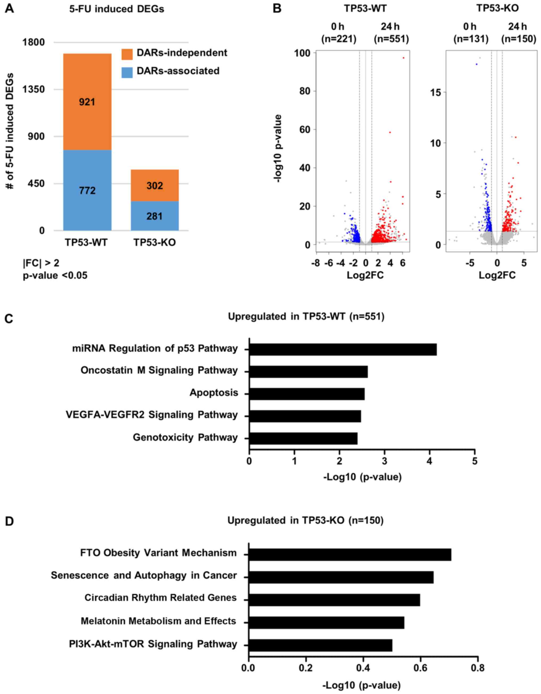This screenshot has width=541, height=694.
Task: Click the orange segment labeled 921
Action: [x=87, y=102]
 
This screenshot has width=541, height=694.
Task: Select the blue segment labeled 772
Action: [x=87, y=190]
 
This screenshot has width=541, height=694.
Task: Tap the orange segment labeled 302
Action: [x=154, y=185]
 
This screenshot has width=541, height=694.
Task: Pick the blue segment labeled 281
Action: [x=154, y=216]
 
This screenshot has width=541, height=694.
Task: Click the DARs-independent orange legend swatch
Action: [x=127, y=54]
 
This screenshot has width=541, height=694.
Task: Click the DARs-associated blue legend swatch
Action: [x=127, y=72]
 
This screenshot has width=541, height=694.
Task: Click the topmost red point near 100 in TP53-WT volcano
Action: [x=403, y=58]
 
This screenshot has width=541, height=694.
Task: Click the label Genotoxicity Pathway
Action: [x=185, y=437]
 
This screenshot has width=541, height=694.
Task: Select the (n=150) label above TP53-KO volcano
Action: [x=518, y=39]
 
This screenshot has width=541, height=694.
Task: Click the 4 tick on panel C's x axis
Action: [x=430, y=460]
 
